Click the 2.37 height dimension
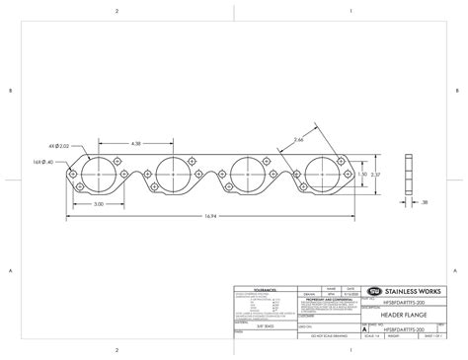click(x=375, y=174)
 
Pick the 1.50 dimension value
click(x=361, y=174)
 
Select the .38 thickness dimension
click(x=424, y=202)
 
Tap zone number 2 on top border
click(x=117, y=11)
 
